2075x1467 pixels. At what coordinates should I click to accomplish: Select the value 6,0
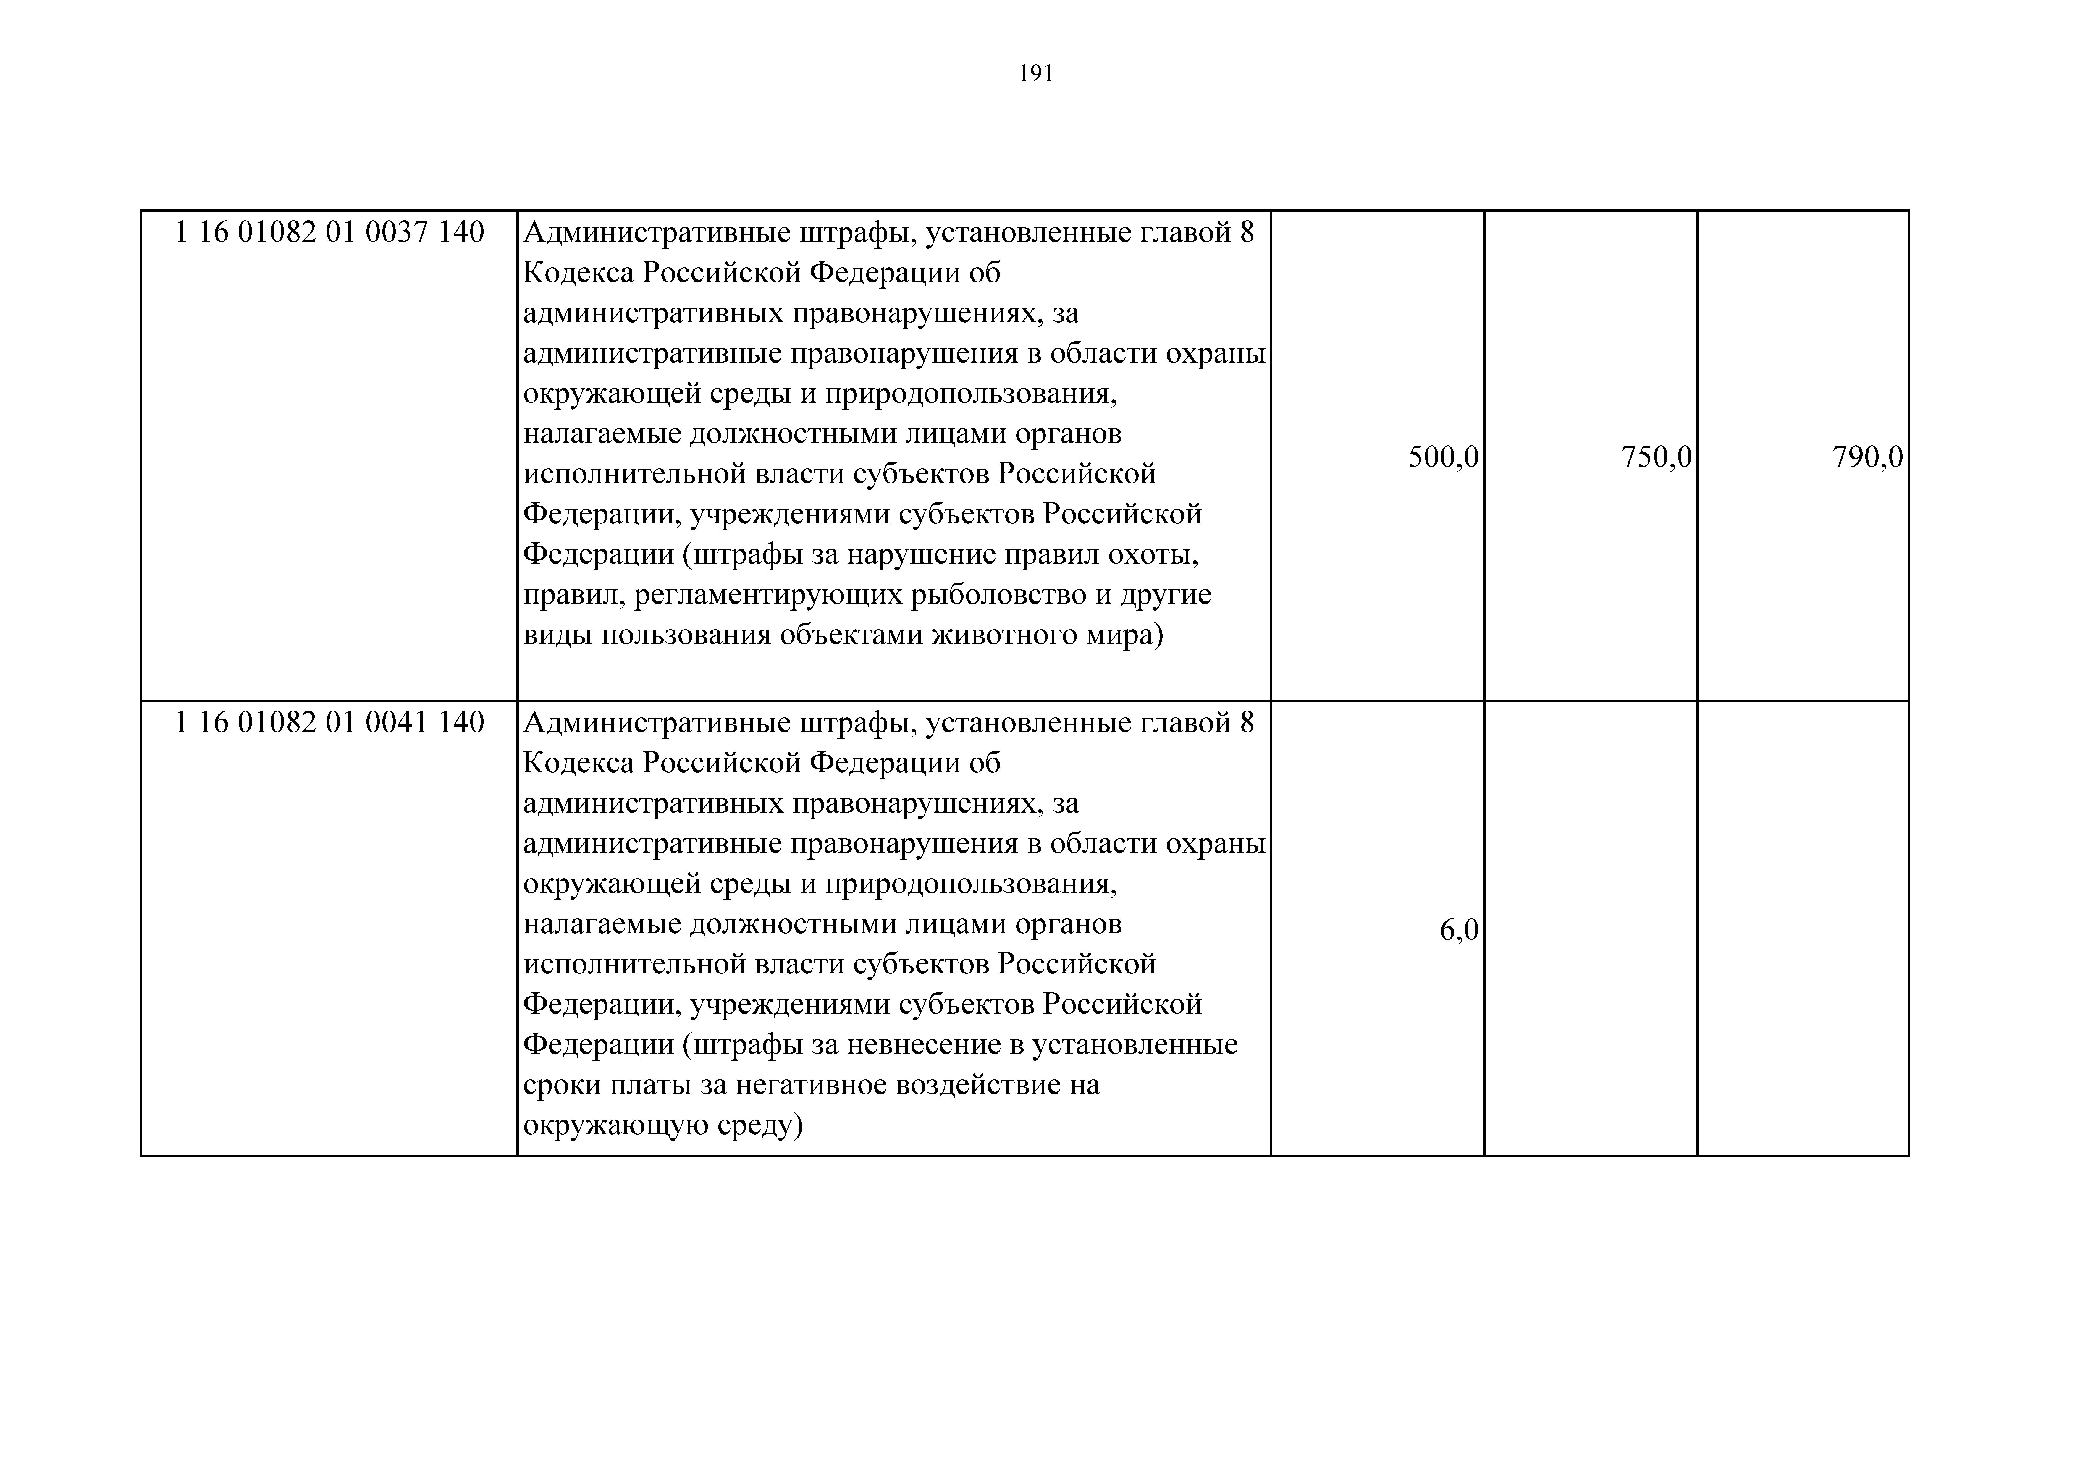pos(1459,930)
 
